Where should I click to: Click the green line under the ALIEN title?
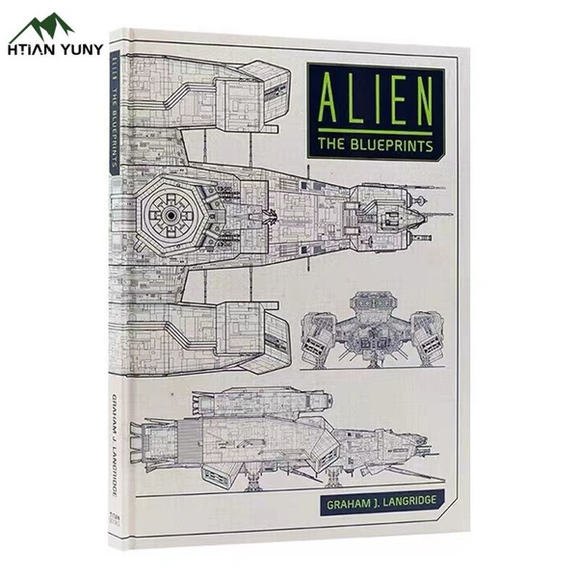click(x=376, y=129)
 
